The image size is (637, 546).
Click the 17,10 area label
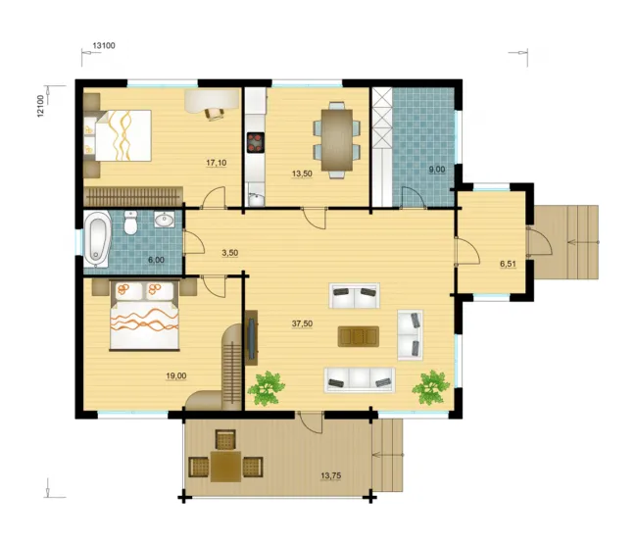[x=217, y=164]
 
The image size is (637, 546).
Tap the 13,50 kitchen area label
[x=302, y=174]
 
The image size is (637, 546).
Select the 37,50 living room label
[x=302, y=323]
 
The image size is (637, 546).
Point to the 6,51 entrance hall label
[x=508, y=264]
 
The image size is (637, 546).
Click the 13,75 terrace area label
[x=330, y=475]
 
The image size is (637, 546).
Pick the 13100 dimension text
[x=104, y=45]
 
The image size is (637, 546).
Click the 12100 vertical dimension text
[x=40, y=107]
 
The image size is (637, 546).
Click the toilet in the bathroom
[x=130, y=223]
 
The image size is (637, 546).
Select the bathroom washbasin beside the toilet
[x=164, y=220]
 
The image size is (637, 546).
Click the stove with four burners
[x=256, y=142]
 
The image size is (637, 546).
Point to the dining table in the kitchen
[x=337, y=140]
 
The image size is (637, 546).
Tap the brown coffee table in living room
[x=359, y=336]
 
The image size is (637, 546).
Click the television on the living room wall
[x=252, y=339]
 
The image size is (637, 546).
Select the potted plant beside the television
[x=266, y=388]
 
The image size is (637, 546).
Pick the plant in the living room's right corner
[x=431, y=387]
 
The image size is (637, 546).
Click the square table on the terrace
[x=225, y=467]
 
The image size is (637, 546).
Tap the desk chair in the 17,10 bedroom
[x=215, y=114]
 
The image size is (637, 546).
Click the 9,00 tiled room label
[x=437, y=170]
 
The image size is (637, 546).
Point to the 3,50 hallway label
[x=229, y=253]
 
